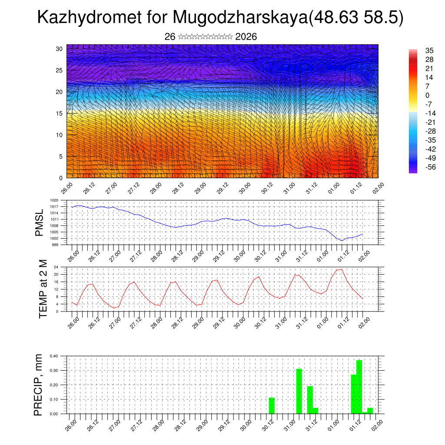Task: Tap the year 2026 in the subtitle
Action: [x=246, y=37]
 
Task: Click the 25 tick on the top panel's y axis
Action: [x=60, y=70]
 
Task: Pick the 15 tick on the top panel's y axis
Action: [x=60, y=113]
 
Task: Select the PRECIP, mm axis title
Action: [x=39, y=385]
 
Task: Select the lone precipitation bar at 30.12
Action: [x=272, y=405]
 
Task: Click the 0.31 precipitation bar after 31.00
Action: [x=299, y=391]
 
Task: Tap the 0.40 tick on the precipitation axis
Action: [x=54, y=356]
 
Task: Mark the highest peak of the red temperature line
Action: [x=342, y=269]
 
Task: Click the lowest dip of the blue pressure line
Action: [x=342, y=240]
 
